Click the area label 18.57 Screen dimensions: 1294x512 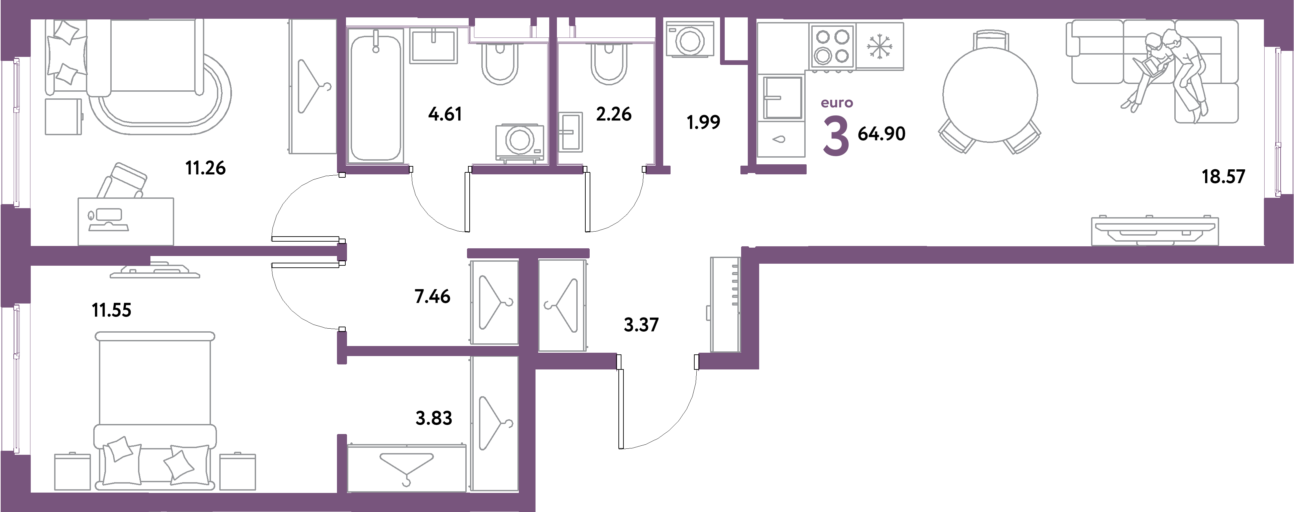pos(1223,177)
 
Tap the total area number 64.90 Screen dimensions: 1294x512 pos(881,134)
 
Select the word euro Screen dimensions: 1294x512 pos(837,103)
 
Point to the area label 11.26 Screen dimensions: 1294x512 pos(206,168)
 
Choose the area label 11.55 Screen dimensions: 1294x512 pos(112,310)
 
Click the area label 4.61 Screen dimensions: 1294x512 pos(445,114)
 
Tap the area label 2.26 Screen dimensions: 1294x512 pos(614,114)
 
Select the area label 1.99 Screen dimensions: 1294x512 pos(703,122)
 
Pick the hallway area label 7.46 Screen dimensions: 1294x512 pos(433,297)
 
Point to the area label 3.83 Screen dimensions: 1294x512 pos(434,418)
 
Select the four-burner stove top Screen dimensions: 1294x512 pos(832,46)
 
